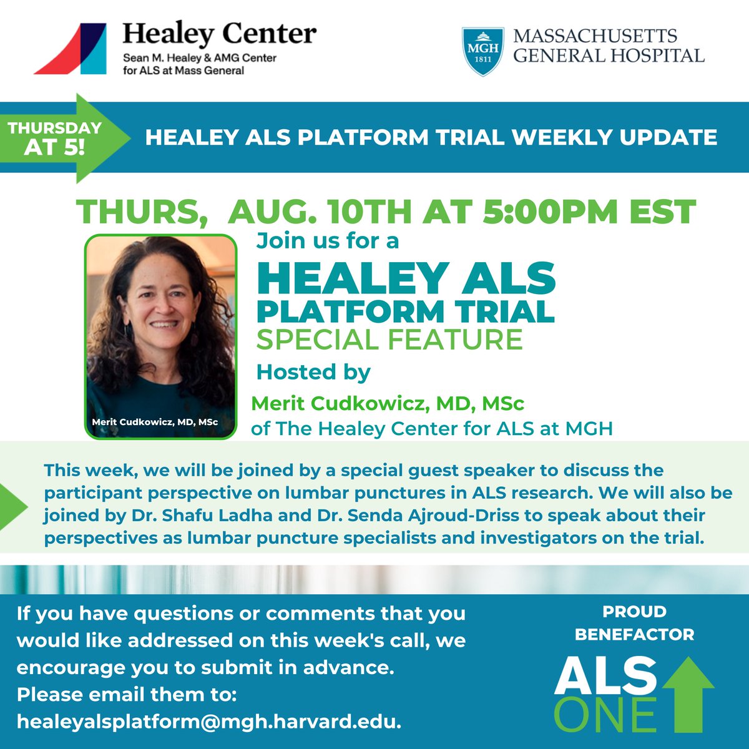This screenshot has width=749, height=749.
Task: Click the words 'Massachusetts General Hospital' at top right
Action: click(608, 46)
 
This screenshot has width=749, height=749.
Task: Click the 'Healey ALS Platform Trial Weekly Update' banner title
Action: click(431, 137)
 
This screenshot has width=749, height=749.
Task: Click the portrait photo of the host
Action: click(161, 325)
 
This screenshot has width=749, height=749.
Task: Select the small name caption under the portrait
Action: click(155, 423)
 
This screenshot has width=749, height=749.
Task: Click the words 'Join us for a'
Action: click(328, 241)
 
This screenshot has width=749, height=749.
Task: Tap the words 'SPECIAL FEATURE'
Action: click(389, 340)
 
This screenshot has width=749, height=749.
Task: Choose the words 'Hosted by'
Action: click(313, 373)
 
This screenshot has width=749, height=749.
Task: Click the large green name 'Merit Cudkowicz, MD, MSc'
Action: click(387, 404)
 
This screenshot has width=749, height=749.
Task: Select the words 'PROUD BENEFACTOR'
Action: click(634, 623)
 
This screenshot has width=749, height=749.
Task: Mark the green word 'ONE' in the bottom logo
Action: click(605, 715)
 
